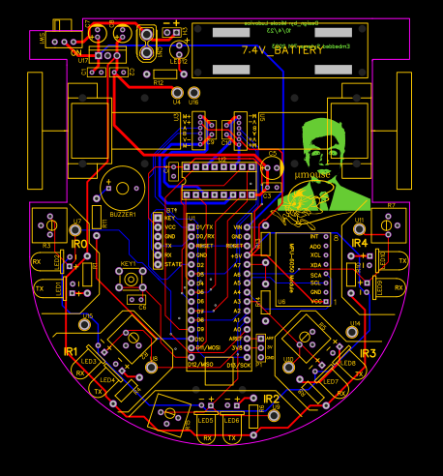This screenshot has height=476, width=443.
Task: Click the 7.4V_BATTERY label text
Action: point(282,49)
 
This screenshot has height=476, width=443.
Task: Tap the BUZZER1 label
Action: point(122,214)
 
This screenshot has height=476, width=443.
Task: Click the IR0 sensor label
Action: point(79,245)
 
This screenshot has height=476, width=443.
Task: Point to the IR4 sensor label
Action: point(360,243)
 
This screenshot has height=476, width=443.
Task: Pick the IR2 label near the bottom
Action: point(271,399)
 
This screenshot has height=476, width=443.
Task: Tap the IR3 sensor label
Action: point(368,354)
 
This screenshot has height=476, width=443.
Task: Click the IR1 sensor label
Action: point(70,351)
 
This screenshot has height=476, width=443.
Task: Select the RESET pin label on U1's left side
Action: point(204,246)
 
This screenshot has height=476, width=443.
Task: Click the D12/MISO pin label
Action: point(199,364)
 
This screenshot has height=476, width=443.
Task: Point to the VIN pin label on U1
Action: point(239,226)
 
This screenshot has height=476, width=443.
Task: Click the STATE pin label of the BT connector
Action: point(173,264)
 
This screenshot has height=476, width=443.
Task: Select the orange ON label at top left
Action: point(75,53)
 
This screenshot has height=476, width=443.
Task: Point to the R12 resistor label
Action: point(159,83)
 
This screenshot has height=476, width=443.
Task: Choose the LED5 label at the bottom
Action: point(205,421)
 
